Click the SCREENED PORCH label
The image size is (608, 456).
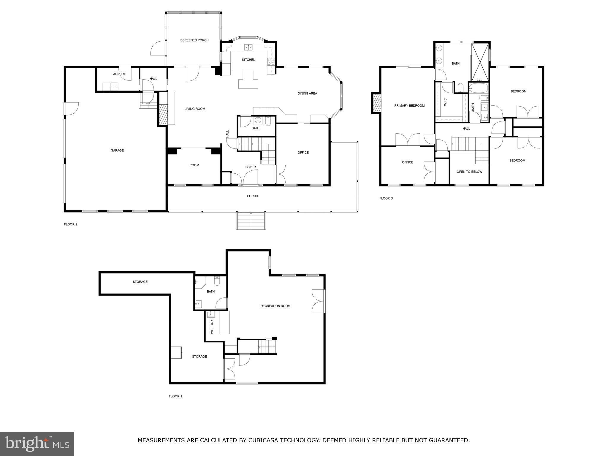[x=194, y=40]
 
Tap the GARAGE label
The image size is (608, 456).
[x=117, y=151]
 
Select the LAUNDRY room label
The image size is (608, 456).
[x=118, y=74]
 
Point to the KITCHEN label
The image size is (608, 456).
[x=248, y=60]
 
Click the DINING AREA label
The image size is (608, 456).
[x=307, y=94]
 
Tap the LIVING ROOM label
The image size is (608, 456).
[x=195, y=109]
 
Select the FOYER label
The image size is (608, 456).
[x=251, y=167]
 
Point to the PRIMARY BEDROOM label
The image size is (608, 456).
[x=409, y=106]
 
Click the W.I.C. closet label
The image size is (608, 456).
[x=445, y=102]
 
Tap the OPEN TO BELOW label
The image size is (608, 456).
[x=469, y=172]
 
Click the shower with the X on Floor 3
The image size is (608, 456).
[x=480, y=62]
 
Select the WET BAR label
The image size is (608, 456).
[x=212, y=327]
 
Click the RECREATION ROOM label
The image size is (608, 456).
[x=275, y=306]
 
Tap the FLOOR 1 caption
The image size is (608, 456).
[x=175, y=396]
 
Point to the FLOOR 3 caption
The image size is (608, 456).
[x=386, y=198]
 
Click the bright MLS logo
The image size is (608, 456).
[x=37, y=444]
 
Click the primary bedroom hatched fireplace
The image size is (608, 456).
[x=376, y=103]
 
